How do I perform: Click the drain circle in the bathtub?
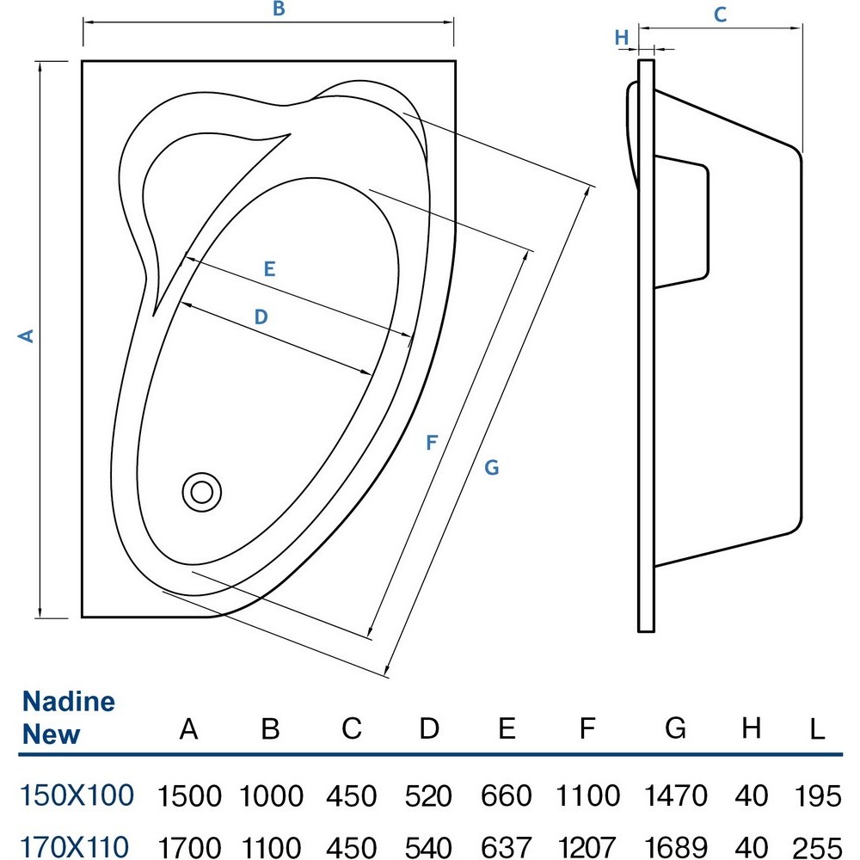point(202,492)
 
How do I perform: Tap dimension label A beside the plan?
point(28,335)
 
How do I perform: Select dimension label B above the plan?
point(278,9)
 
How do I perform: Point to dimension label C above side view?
point(721,14)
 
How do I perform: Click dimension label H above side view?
point(622,37)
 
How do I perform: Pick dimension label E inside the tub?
point(269,269)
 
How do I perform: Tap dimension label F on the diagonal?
point(433,443)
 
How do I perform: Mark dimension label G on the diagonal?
point(491,467)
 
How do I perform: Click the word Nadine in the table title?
point(69,701)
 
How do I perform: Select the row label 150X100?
point(77,795)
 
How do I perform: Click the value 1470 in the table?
point(675,795)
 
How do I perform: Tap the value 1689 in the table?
point(675,845)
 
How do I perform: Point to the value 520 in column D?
point(429,795)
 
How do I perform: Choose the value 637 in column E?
point(507,845)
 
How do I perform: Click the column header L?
point(817,730)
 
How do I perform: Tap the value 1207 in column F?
point(587,845)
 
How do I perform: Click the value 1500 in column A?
point(189,795)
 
